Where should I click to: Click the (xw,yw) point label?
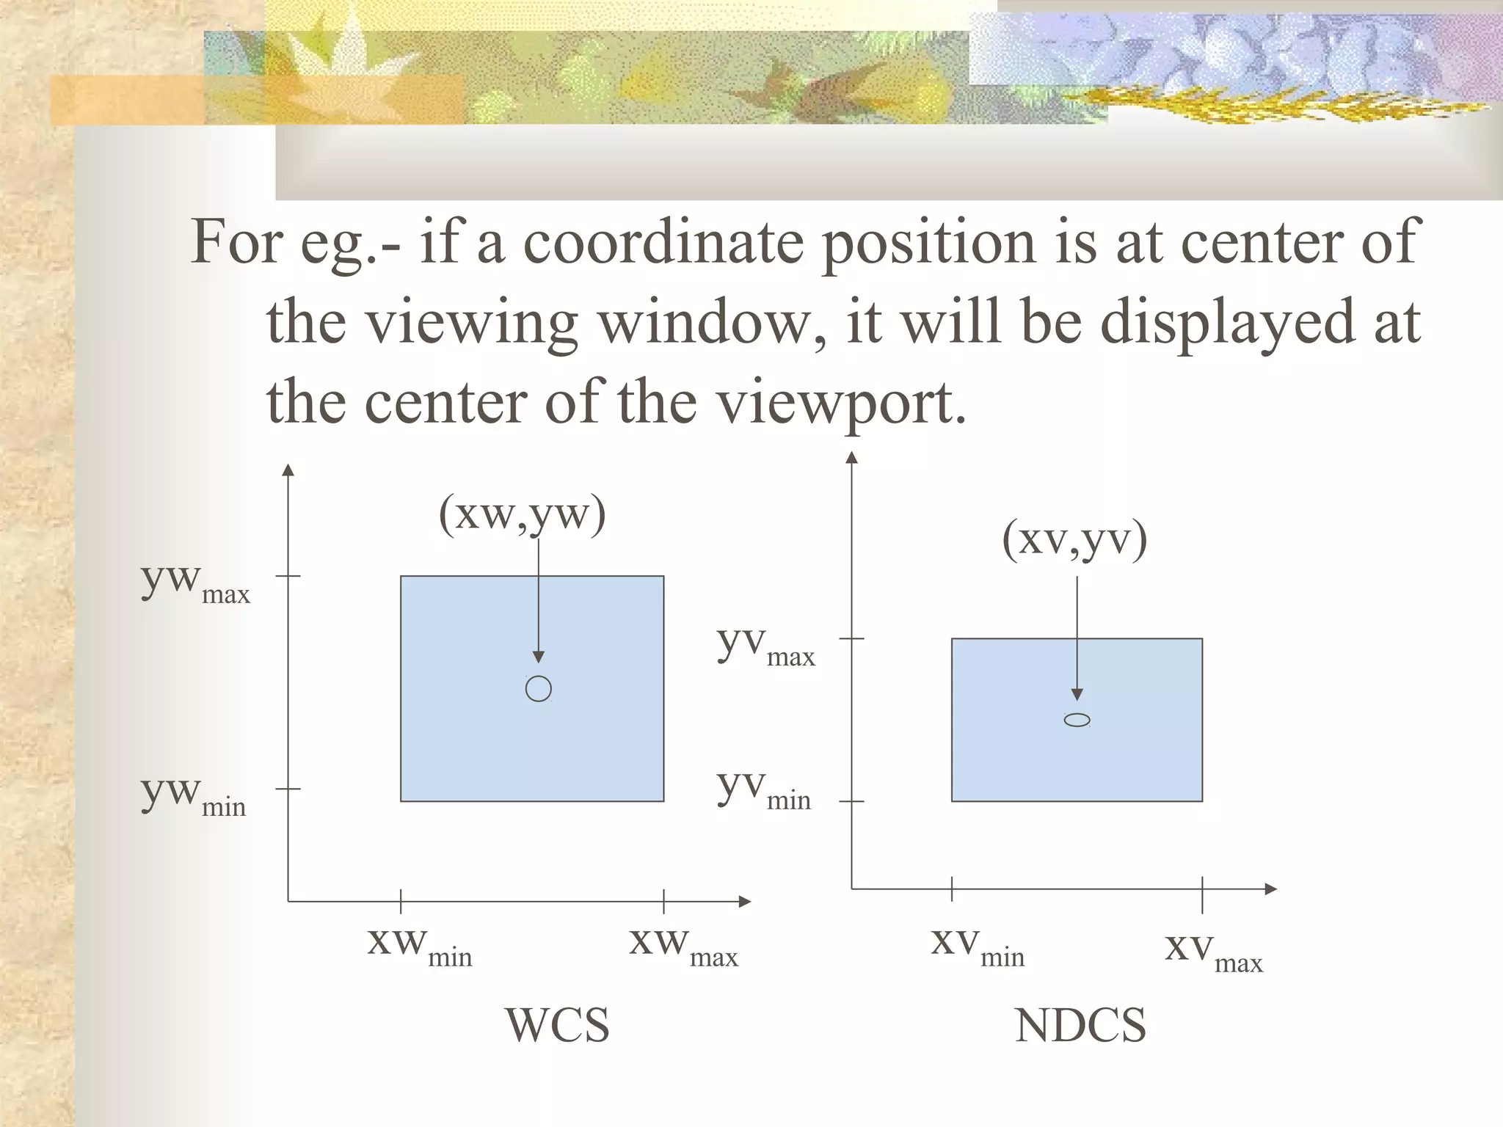(x=522, y=514)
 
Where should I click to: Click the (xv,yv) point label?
(x=1074, y=541)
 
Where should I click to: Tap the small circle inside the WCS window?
(x=539, y=689)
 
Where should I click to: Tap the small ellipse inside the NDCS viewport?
(x=1077, y=720)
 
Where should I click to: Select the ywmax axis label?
(x=195, y=583)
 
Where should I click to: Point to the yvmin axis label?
(x=764, y=789)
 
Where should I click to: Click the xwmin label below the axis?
(x=420, y=945)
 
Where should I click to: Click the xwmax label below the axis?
(x=683, y=945)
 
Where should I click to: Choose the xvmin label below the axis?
(x=978, y=945)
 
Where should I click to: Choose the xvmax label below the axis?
(x=1214, y=951)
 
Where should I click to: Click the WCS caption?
(x=557, y=1025)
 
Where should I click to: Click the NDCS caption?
(x=1080, y=1025)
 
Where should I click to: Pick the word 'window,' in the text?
(x=710, y=323)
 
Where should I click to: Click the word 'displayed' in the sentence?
(x=1228, y=323)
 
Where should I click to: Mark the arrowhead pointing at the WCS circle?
(x=539, y=657)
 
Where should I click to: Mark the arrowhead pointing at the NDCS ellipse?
(x=1077, y=695)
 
